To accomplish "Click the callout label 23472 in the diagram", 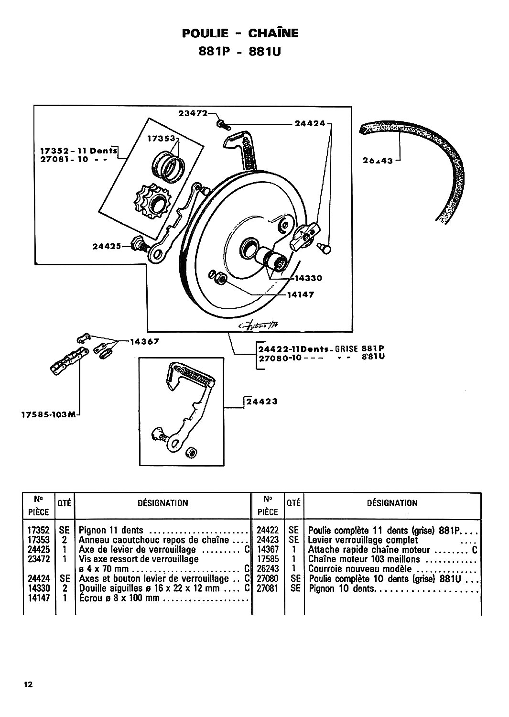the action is pos(193,113).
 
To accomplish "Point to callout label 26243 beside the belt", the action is pos(378,160).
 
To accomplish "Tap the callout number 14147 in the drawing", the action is pos(301,294).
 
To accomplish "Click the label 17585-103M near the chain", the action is pos(48,415).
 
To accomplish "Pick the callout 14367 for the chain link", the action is pos(145,342).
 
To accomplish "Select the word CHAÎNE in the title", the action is pos(273,33).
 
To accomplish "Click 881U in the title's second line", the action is pos(265,52).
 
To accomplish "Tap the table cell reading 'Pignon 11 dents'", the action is pos(111,531).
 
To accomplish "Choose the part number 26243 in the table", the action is pos(268,569).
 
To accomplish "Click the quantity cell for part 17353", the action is pos(65,540).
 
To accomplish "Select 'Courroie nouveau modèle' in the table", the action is pos(360,569).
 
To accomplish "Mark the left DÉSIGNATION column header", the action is pos(162,503).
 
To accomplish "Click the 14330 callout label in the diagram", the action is pos(308,278).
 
